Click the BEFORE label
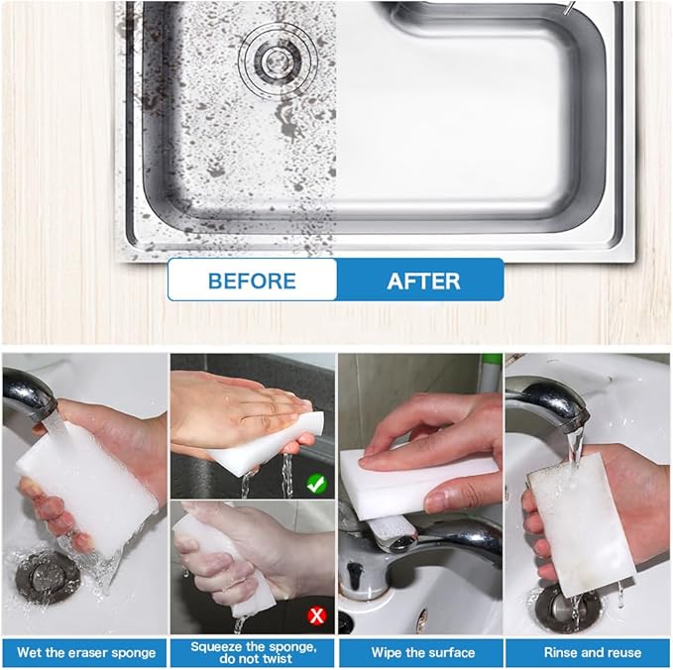click(252, 280)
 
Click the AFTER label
click(423, 280)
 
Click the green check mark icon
click(316, 484)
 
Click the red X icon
click(317, 615)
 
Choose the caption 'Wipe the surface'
click(422, 652)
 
